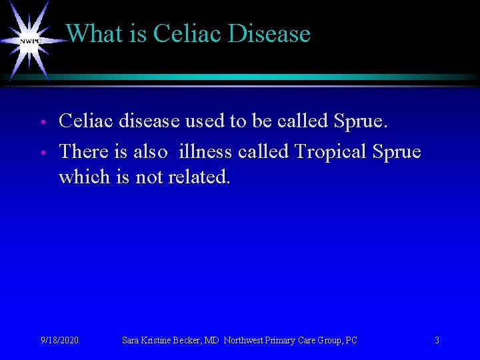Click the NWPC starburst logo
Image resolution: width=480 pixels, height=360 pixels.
click(x=31, y=41)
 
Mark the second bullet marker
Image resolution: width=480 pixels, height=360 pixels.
click(x=41, y=153)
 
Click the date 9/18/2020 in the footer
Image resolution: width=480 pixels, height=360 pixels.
click(x=59, y=341)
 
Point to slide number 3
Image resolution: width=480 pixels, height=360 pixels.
click(x=437, y=341)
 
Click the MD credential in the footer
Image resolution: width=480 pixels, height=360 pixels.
click(x=211, y=341)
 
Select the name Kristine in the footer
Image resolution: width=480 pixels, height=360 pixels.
click(x=154, y=341)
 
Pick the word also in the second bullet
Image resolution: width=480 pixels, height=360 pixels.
click(x=150, y=152)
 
